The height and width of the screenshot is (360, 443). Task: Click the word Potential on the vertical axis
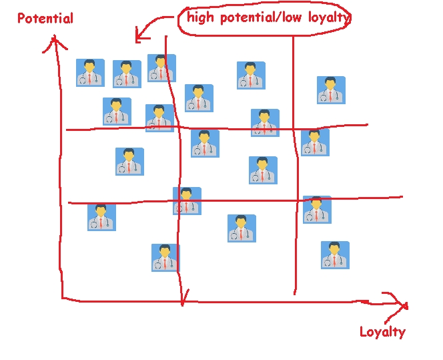coord(45,18)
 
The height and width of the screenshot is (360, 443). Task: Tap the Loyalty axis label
coord(382,331)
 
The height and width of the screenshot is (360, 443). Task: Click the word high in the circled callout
coord(201,17)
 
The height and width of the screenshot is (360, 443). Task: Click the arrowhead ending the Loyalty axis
coord(403,305)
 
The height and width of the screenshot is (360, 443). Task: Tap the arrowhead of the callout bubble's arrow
coord(138,33)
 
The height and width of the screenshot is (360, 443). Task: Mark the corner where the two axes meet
coord(62,299)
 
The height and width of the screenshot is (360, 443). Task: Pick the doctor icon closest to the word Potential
coord(90,73)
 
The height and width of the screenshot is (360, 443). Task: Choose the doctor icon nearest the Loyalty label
coord(335,255)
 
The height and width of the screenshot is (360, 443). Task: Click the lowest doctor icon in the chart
coord(165,258)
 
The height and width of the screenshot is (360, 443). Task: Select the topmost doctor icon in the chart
coord(161,68)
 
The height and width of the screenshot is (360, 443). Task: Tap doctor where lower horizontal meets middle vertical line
coord(187,201)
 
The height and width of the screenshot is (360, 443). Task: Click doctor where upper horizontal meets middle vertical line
coord(159,118)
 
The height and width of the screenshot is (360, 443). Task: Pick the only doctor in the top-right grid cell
coord(331,90)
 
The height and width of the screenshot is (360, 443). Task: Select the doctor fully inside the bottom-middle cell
coord(242,228)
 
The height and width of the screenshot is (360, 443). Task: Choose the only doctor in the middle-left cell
coord(129,162)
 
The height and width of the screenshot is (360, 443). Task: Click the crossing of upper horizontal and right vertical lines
coord(295,127)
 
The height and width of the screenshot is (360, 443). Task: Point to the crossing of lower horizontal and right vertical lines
coord(296,198)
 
